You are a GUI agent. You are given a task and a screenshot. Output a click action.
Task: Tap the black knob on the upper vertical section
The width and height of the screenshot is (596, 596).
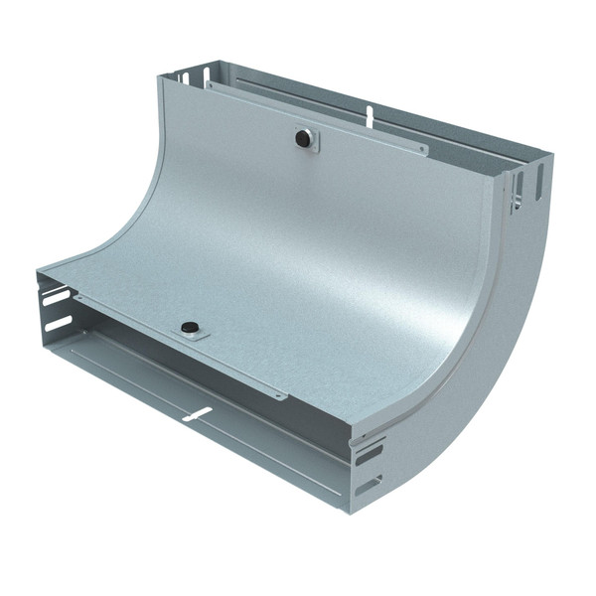click(302, 138)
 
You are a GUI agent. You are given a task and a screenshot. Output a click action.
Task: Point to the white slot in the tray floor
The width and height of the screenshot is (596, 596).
click(197, 413)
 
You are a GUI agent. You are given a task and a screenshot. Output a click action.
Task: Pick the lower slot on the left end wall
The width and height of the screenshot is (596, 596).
click(59, 324)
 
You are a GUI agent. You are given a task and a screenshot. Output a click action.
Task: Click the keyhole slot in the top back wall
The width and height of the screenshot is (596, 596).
click(370, 116)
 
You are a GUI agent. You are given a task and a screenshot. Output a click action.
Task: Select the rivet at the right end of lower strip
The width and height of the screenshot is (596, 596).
click(281, 394)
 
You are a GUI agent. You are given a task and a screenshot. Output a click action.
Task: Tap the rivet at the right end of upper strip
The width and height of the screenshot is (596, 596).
click(421, 151)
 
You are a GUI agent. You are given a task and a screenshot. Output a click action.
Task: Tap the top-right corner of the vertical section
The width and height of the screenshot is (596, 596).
click(549, 156)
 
